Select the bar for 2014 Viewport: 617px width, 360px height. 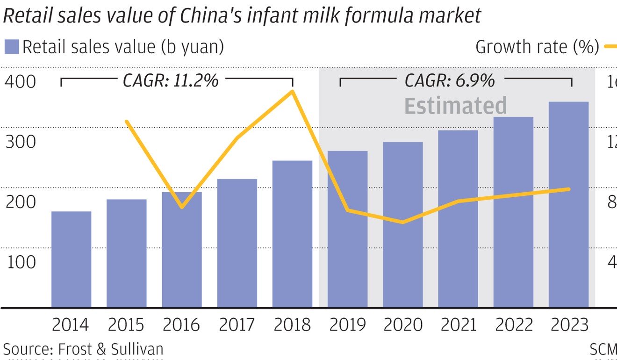(x=71, y=259)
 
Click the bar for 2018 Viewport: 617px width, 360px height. (x=292, y=234)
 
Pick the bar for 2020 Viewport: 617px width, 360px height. (x=402, y=224)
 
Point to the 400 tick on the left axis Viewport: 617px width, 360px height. (x=20, y=81)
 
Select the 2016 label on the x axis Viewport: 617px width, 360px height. (x=181, y=325)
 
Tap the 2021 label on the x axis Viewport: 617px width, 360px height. (x=458, y=325)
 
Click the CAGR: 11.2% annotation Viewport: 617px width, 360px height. (x=171, y=81)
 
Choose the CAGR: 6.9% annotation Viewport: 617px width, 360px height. (x=450, y=81)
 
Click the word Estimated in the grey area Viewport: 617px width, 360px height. (x=455, y=106)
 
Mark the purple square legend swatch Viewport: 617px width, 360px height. (x=11, y=47)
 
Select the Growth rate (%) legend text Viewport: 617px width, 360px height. (x=537, y=47)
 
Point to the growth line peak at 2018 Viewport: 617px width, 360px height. (x=292, y=91)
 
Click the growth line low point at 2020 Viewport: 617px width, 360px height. (x=402, y=222)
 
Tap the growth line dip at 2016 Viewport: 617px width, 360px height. (x=182, y=206)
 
